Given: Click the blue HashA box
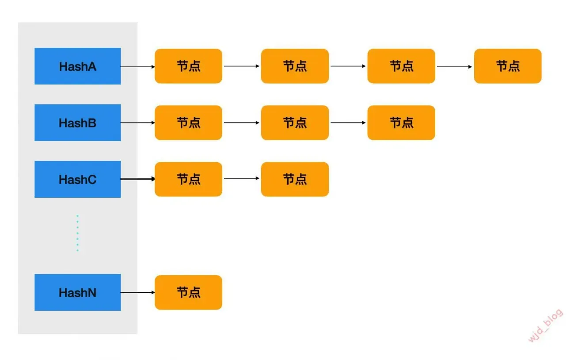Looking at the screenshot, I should tap(77, 66).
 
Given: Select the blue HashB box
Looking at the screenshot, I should tap(77, 123).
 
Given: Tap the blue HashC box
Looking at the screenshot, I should tap(77, 179).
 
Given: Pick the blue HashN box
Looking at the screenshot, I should tap(77, 292).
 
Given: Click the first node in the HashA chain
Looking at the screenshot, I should tap(188, 66).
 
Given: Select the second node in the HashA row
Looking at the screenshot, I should tap(295, 66).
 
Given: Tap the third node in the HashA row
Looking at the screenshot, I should tap(401, 66).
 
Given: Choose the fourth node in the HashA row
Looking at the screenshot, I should tap(508, 66).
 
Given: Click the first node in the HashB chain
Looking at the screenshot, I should tap(188, 123).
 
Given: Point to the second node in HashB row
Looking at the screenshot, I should tap(295, 123).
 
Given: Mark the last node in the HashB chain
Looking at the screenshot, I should tap(401, 123).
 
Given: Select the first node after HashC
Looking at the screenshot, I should tap(188, 179).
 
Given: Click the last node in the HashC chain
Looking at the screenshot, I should tap(295, 179).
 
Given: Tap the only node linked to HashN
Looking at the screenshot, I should tap(188, 292).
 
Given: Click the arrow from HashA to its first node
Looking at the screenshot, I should tap(137, 67).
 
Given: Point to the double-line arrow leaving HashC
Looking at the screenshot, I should tap(137, 179).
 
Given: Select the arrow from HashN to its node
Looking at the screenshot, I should tap(137, 292).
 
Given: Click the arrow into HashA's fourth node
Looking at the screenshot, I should tap(455, 67).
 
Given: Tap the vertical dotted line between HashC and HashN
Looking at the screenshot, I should tap(77, 233).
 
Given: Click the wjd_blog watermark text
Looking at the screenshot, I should tap(545, 326).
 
